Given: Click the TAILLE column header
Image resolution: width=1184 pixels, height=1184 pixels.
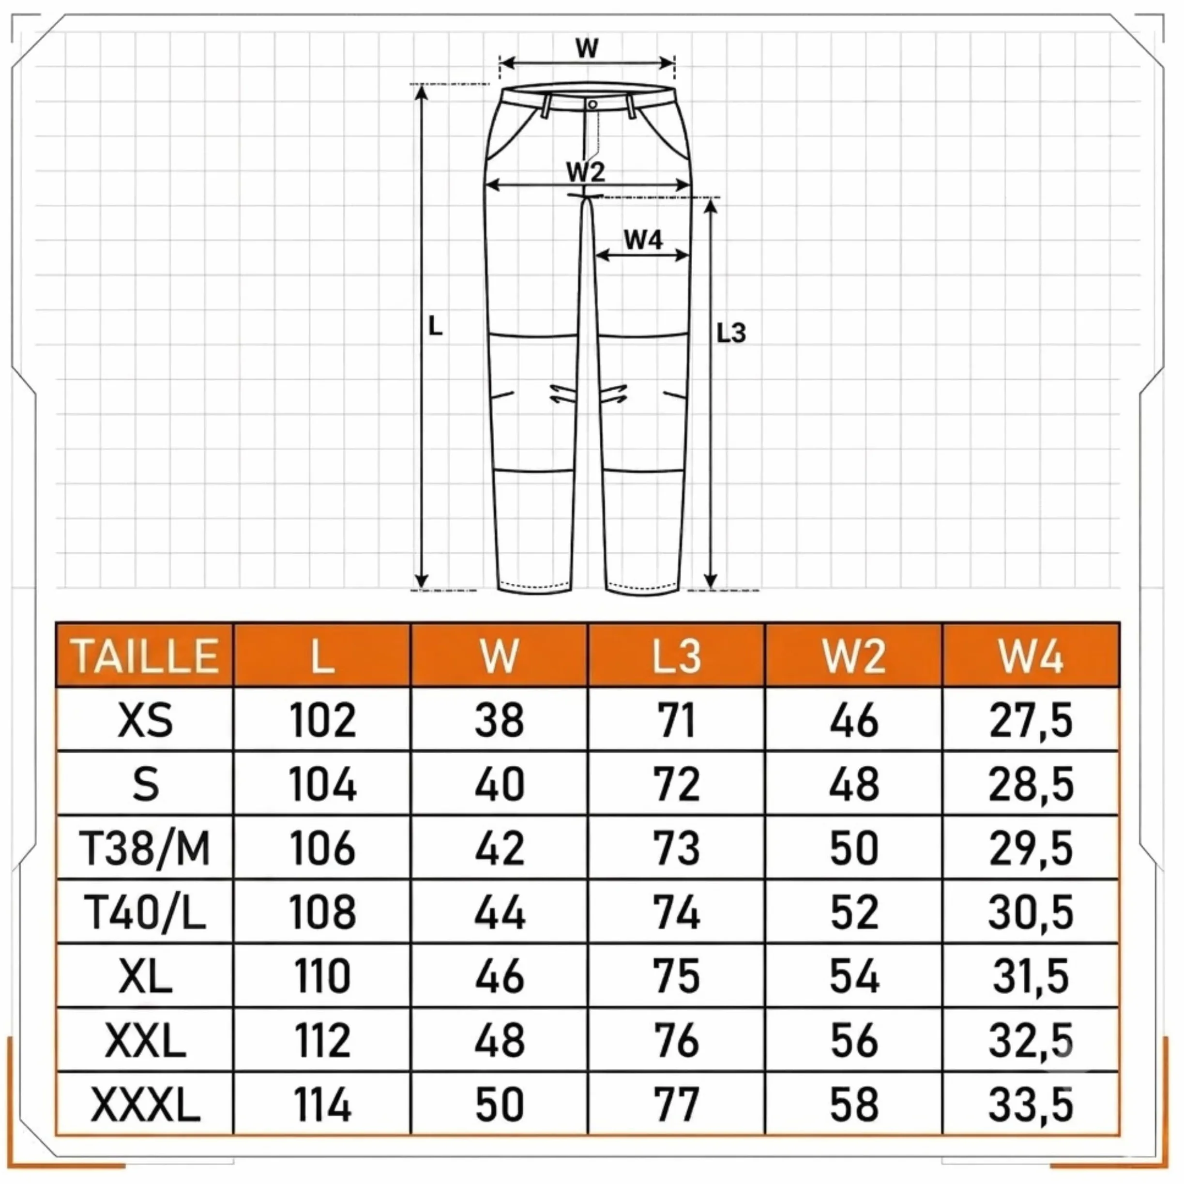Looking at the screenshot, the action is click(x=146, y=656).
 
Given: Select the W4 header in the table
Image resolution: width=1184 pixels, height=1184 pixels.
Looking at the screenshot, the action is click(x=1032, y=656).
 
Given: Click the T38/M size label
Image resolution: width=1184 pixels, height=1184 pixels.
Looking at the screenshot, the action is click(x=145, y=849).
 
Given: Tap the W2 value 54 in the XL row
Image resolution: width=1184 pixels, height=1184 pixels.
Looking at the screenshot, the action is click(x=854, y=976).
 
